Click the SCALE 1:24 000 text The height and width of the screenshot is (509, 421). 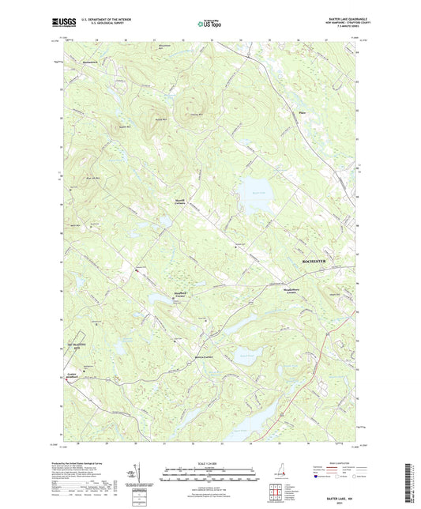click(x=210, y=462)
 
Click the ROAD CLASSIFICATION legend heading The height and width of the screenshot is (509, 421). click(x=342, y=462)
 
